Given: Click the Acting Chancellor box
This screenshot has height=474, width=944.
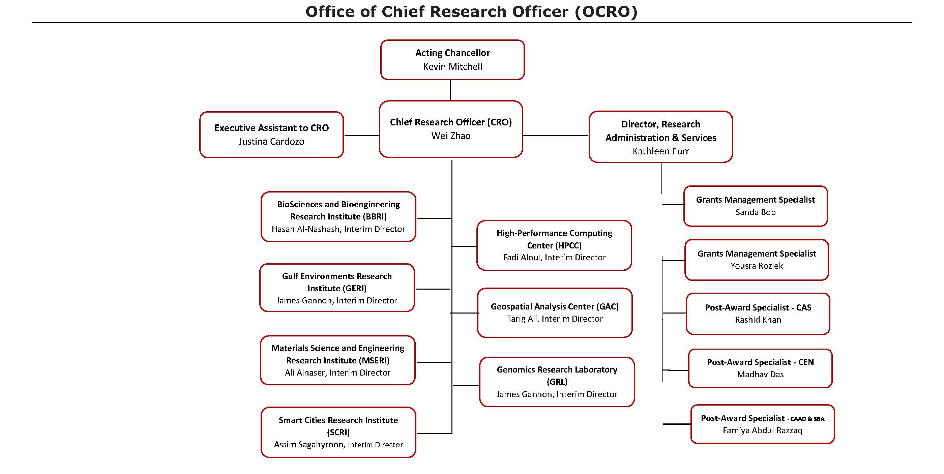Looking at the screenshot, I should [452, 60].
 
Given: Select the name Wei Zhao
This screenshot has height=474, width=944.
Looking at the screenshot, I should [451, 136].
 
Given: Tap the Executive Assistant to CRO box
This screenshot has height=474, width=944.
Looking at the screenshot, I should [271, 135].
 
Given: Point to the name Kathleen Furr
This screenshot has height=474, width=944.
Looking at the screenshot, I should [660, 151].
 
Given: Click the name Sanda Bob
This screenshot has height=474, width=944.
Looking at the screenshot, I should [755, 212].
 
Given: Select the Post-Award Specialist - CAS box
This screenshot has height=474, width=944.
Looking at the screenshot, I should [758, 314].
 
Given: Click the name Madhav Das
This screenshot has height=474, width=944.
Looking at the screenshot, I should [760, 374].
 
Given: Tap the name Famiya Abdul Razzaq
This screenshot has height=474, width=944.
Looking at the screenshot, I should [762, 431].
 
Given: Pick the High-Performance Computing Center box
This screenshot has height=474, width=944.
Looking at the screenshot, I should [554, 245].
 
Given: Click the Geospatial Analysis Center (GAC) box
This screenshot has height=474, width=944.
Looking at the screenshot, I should [555, 313].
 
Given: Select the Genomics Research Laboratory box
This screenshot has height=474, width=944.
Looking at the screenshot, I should [557, 382].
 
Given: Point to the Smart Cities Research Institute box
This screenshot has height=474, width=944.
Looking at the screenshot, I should [338, 432].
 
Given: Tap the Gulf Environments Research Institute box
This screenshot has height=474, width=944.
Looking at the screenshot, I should [337, 288].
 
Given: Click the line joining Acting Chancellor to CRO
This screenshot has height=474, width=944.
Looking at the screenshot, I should [450, 90].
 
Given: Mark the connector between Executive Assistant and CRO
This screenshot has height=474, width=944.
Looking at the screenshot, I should [361, 136].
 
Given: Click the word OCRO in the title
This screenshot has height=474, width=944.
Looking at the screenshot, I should [606, 12].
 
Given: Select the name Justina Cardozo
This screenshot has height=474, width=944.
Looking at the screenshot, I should [271, 142].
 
